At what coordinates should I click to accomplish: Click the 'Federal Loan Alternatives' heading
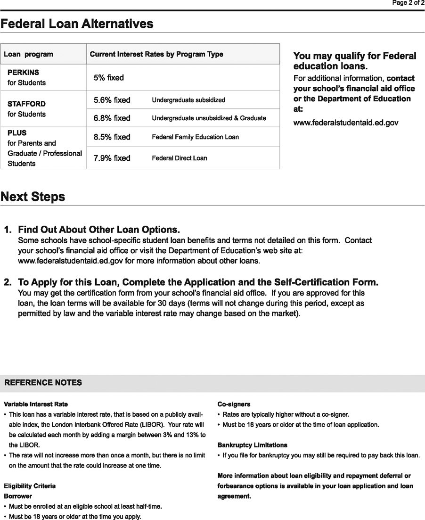click(x=77, y=24)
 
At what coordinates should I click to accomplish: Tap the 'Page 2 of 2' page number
click(x=409, y=3)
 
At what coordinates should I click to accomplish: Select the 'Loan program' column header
click(x=28, y=54)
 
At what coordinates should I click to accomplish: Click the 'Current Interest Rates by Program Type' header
click(x=156, y=54)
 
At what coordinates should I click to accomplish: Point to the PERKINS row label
click(x=23, y=73)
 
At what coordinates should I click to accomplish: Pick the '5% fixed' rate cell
click(x=108, y=77)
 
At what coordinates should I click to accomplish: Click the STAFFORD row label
click(x=26, y=104)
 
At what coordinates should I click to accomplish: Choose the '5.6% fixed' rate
click(x=112, y=100)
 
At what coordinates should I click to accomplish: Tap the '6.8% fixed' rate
click(x=112, y=118)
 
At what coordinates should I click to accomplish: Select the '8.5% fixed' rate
click(x=112, y=137)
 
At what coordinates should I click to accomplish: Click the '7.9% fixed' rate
click(x=112, y=158)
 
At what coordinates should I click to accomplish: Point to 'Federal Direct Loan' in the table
click(x=179, y=158)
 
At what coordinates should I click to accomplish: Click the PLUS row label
click(x=17, y=133)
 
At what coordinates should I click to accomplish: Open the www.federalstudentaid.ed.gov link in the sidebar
click(x=346, y=123)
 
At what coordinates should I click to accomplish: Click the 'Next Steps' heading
click(x=33, y=197)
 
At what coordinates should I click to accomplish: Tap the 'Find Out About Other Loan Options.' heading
click(x=99, y=230)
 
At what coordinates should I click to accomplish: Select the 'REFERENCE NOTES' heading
click(x=43, y=383)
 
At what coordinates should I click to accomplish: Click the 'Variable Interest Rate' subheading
click(x=36, y=404)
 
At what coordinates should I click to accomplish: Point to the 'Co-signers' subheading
click(x=234, y=404)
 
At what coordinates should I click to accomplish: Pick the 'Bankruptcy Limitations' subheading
click(x=252, y=445)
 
